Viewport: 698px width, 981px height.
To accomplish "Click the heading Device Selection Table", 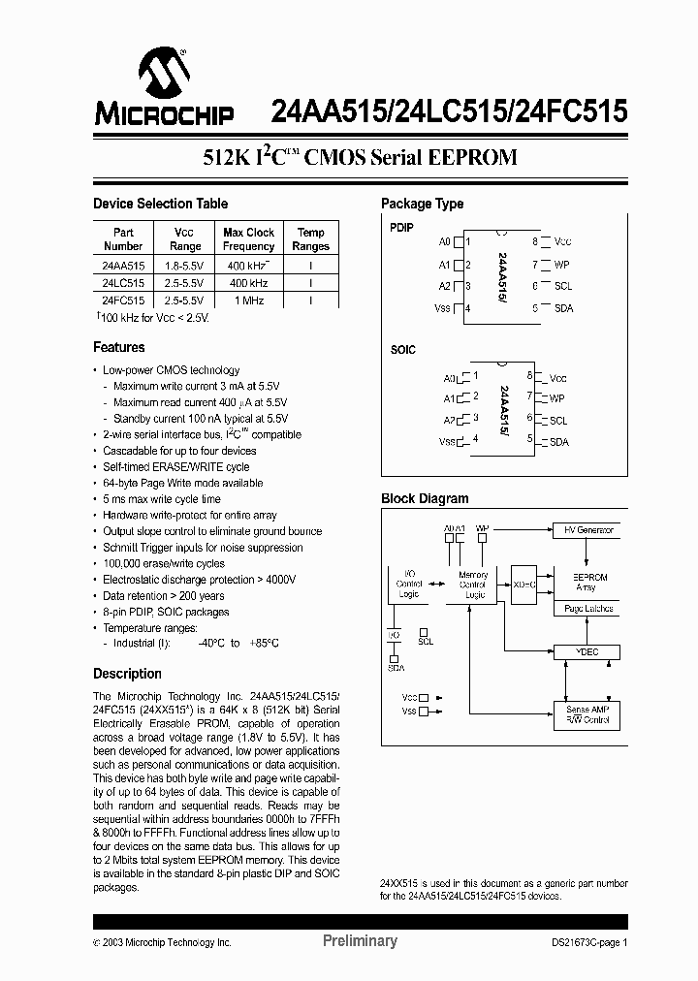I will click(x=160, y=204).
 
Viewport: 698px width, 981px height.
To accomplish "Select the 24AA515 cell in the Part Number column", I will click(x=123, y=265).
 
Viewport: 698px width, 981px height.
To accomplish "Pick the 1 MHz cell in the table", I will click(x=248, y=301).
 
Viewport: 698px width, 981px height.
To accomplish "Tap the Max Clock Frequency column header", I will click(x=248, y=239).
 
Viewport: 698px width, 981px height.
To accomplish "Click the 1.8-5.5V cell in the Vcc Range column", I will click(x=183, y=265).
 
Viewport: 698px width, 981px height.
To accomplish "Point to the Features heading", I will click(x=118, y=347).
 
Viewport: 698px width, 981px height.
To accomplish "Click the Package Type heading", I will click(x=422, y=204).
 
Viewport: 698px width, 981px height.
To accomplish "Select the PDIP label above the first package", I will click(x=401, y=228).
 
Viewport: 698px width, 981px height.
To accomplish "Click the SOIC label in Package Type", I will click(x=403, y=349).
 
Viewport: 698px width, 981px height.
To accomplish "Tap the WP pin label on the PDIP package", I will click(x=561, y=264).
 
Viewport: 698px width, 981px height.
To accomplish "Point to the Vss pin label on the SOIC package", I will click(x=447, y=442).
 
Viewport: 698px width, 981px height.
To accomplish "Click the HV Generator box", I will click(x=589, y=530).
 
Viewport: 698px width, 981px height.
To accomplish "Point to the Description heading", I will click(x=127, y=674).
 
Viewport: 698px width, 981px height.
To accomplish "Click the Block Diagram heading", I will click(x=425, y=498).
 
